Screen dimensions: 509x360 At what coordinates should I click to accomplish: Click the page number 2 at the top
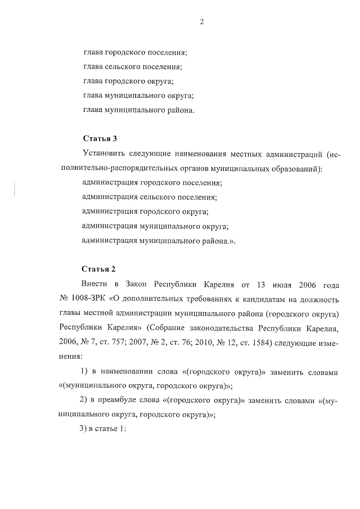coord(201,22)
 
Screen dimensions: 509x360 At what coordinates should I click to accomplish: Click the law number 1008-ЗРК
coord(86,297)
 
